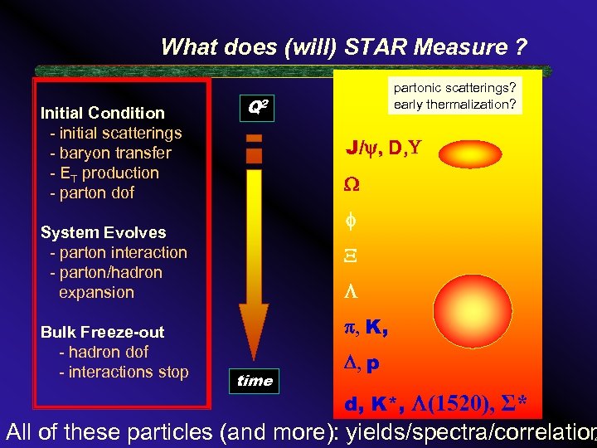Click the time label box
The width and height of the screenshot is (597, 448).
point(255,381)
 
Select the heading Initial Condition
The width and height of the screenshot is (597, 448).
point(103,113)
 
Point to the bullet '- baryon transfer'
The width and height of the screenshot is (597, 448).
point(110,153)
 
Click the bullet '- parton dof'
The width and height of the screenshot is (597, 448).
point(92,192)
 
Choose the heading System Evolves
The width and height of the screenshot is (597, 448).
point(103,232)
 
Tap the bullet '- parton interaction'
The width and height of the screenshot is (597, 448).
point(119,252)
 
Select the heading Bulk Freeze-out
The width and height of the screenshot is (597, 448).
point(103,332)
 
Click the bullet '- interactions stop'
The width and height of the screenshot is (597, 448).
point(124,372)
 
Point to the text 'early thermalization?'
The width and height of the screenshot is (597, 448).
point(455,104)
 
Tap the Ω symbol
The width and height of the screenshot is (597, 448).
point(352,187)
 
